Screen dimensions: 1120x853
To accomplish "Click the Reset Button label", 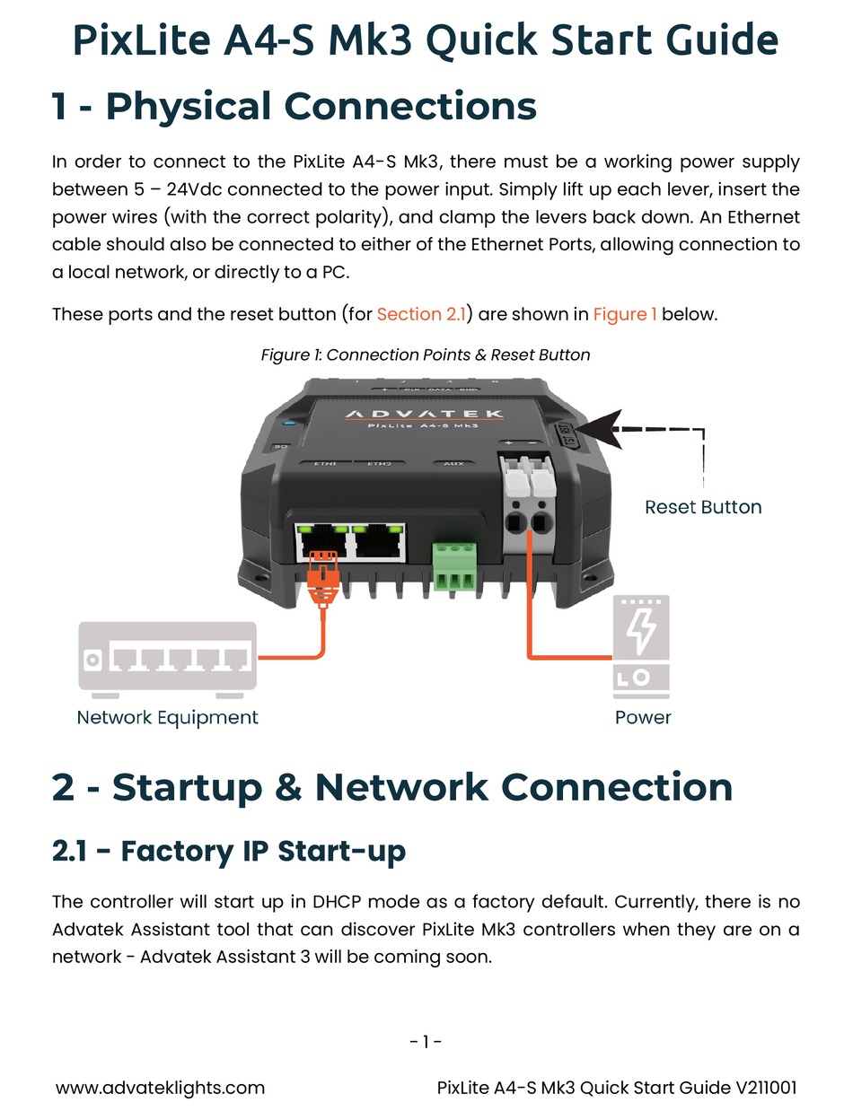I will (703, 507).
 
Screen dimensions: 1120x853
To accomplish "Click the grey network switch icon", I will (167, 657).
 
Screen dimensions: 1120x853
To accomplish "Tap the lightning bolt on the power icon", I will (640, 632).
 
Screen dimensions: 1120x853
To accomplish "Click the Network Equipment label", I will (167, 717).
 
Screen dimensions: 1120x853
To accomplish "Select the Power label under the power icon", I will (643, 717).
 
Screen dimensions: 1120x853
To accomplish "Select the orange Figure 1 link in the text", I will (625, 314).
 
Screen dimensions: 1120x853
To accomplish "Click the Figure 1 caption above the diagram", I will (426, 354).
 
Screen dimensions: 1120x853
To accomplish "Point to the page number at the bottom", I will (426, 1042).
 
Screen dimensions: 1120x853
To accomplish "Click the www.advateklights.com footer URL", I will (161, 1088).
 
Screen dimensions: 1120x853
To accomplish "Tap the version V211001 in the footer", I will (766, 1088).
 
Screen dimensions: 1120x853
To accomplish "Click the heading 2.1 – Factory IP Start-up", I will (229, 850).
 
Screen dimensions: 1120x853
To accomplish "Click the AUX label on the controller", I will (453, 464).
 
